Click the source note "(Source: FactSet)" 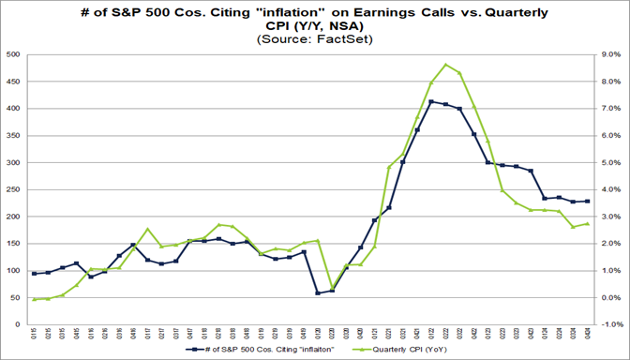tap(314, 40)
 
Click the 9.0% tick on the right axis tap(610, 55)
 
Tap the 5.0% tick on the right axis tap(610, 163)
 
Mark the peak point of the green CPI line tap(445, 65)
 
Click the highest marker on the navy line tap(430, 101)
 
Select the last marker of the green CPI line tap(587, 223)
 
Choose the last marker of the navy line tap(587, 202)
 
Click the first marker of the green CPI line tap(35, 299)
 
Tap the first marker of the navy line tap(35, 274)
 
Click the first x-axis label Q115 tap(35, 334)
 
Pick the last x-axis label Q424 tap(587, 334)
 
